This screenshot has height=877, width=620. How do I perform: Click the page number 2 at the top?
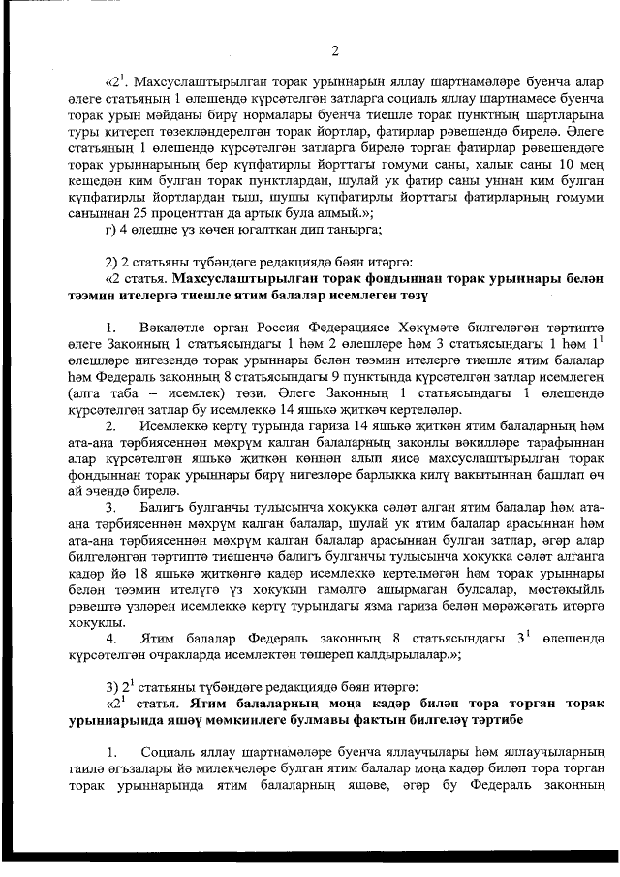point(334,50)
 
